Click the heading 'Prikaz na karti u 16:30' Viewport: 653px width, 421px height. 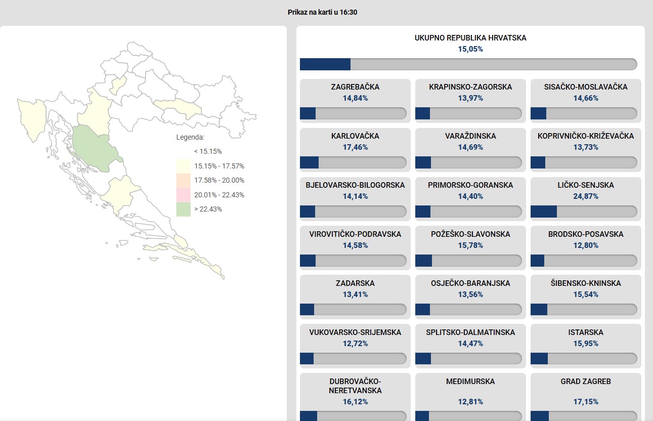[322, 12]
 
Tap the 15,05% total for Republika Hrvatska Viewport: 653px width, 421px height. [470, 49]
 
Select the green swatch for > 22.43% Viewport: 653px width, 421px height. [184, 209]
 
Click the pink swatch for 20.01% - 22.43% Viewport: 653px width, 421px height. [184, 195]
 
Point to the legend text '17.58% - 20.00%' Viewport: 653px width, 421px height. [219, 181]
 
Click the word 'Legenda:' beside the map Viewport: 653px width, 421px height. [190, 137]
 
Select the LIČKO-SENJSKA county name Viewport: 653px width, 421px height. [586, 185]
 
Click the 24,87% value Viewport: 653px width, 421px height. [586, 196]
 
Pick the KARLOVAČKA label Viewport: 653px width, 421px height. [355, 136]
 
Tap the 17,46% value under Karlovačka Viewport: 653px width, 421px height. [355, 147]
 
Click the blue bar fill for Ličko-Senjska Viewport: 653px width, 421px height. [544, 212]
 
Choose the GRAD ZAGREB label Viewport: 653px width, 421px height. [586, 382]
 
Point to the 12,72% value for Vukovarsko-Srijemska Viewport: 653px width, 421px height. [355, 344]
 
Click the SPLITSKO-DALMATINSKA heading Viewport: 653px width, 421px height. [470, 332]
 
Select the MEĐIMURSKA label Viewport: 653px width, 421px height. [470, 382]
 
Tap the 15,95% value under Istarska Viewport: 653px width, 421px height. [586, 344]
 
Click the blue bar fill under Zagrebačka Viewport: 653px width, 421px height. [308, 113]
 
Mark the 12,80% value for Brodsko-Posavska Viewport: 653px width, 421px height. [586, 245]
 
